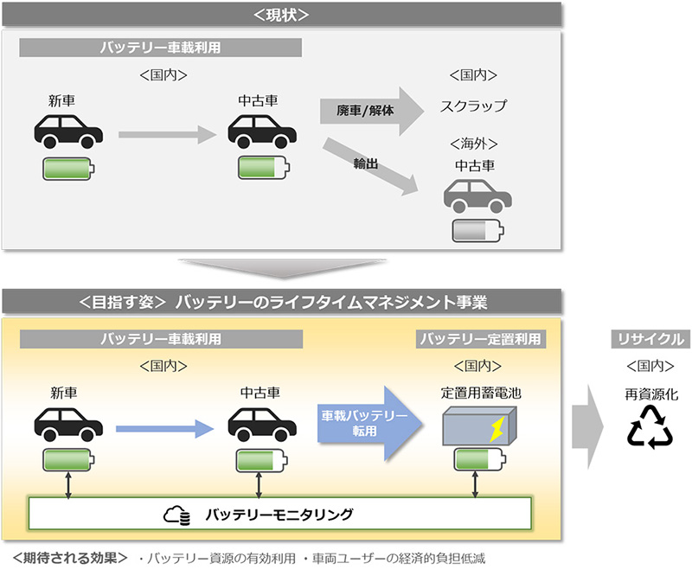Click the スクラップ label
473,107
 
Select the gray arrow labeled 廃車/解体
367,110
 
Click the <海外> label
474,142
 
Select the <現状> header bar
283,15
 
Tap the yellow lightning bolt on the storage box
497,427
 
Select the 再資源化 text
652,394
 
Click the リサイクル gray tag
651,338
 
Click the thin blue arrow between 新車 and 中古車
163,426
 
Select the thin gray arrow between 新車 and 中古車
165,134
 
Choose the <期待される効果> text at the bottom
70,558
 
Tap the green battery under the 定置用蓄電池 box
475,460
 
